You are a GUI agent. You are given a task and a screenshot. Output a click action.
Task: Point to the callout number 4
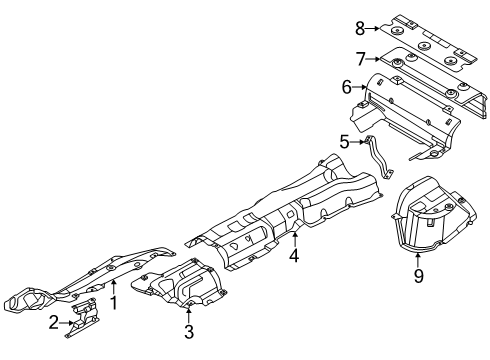click(x=294, y=255)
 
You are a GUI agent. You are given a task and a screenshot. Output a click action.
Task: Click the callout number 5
click(x=344, y=142)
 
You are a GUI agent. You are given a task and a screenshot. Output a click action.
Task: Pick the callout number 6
click(x=347, y=89)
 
